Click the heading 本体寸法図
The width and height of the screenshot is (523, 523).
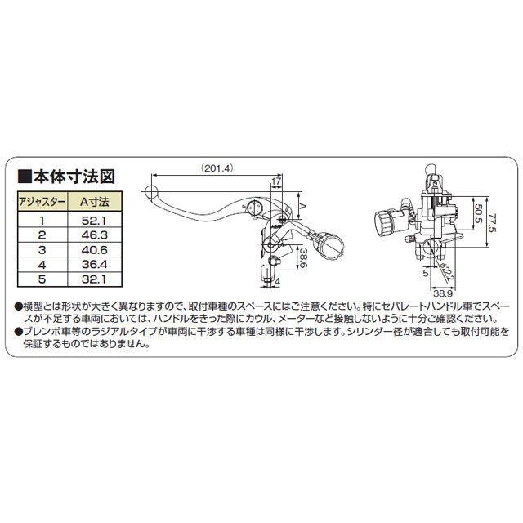click(x=80, y=176)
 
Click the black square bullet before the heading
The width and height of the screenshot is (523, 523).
click(x=22, y=176)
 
